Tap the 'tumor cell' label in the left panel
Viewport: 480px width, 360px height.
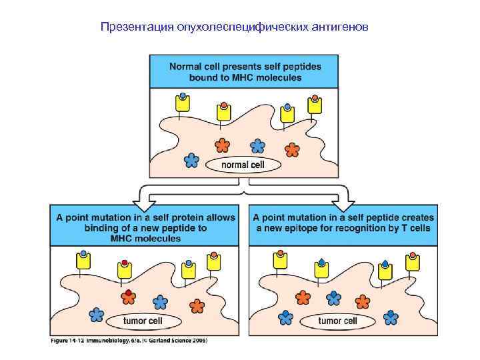(143, 321)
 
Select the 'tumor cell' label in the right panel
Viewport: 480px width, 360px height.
(337, 321)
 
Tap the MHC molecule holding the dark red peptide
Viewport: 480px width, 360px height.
(123, 270)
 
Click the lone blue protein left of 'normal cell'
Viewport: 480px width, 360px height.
(191, 160)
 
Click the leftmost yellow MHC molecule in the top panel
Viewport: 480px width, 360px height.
(182, 103)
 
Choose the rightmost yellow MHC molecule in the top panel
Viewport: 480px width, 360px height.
(315, 105)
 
